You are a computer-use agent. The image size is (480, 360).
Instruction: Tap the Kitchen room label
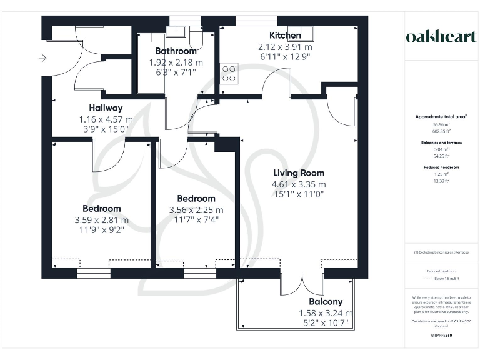point(285,36)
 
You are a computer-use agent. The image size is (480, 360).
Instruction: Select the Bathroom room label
point(176,51)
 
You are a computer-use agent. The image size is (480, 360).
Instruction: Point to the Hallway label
point(106,108)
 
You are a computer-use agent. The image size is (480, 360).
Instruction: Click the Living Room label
point(299,173)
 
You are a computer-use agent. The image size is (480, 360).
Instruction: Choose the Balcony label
point(326,301)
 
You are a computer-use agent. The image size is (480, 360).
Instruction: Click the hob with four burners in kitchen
point(229,73)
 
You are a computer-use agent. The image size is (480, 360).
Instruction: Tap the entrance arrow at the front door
point(42,59)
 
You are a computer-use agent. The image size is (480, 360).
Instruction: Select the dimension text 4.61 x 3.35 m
point(299,185)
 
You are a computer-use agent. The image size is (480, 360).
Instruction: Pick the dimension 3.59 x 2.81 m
point(102,220)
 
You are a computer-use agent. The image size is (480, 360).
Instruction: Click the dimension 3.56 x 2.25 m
point(196,211)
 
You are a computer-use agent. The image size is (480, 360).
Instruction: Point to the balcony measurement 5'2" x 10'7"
point(326,324)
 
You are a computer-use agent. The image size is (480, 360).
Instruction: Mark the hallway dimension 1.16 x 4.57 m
point(106,119)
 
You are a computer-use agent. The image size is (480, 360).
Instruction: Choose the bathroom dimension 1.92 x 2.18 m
point(176,62)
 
